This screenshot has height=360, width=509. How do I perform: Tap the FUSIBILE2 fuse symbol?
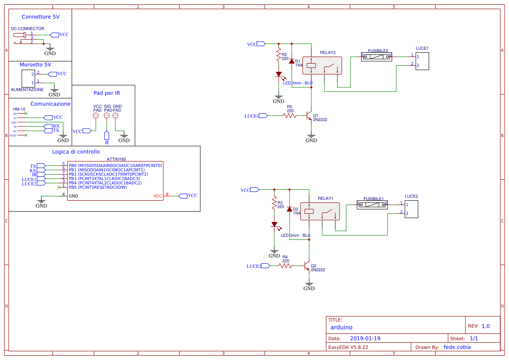pyautogui.click(x=377, y=57)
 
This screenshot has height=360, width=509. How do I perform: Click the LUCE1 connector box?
pyautogui.click(x=422, y=61)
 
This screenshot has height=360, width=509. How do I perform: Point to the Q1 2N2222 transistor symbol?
pyautogui.click(x=309, y=116)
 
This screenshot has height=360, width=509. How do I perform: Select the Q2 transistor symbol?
pyautogui.click(x=307, y=266)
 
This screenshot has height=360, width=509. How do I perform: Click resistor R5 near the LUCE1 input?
pyautogui.click(x=290, y=115)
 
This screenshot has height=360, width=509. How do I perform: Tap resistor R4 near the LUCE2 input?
pyautogui.click(x=285, y=266)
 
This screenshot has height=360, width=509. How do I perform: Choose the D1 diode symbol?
pyautogui.click(x=291, y=61)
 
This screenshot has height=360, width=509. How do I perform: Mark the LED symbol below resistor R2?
pyautogui.click(x=279, y=74)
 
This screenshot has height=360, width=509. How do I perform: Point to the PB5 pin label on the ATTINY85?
pyautogui.click(x=73, y=187)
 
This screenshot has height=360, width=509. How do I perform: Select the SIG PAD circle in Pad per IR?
pyautogui.click(x=106, y=115)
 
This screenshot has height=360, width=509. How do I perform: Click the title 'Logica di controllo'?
pyautogui.click(x=76, y=152)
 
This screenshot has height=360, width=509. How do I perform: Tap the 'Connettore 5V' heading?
pyautogui.click(x=40, y=17)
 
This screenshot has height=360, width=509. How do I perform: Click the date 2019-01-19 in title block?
pyautogui.click(x=365, y=338)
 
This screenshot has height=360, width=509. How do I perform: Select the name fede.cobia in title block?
pyautogui.click(x=457, y=347)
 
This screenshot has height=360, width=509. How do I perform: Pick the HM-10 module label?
pyautogui.click(x=19, y=109)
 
